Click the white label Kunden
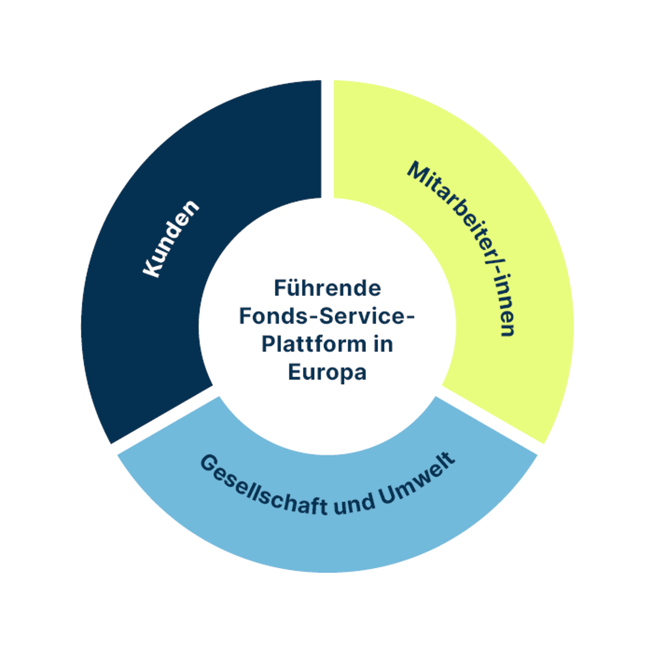pyautogui.click(x=171, y=239)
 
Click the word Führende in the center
pyautogui.click(x=327, y=288)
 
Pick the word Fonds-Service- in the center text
pyautogui.click(x=327, y=316)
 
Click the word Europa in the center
pyautogui.click(x=327, y=372)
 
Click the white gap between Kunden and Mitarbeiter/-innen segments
pyautogui.click(x=327, y=139)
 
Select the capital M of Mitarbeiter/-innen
pyautogui.click(x=418, y=172)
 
